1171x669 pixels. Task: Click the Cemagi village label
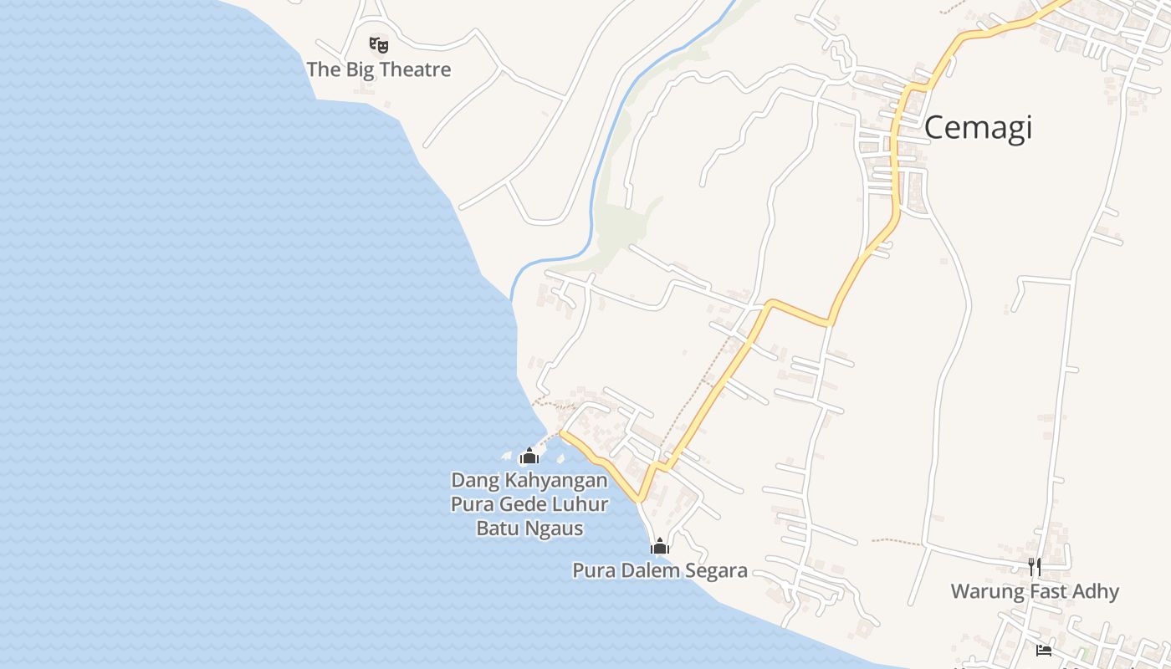pyautogui.click(x=978, y=128)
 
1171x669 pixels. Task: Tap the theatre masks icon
pyautogui.click(x=379, y=44)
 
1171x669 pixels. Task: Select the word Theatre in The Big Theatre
pyautogui.click(x=413, y=69)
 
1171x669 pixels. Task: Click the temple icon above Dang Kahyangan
pyautogui.click(x=529, y=456)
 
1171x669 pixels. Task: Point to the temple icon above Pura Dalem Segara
pyautogui.click(x=660, y=546)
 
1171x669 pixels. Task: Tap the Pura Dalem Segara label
pyautogui.click(x=659, y=571)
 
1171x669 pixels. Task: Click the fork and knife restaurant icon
pyautogui.click(x=1035, y=568)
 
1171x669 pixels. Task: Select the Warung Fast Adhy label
pyautogui.click(x=1035, y=592)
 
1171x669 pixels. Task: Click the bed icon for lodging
pyautogui.click(x=1044, y=650)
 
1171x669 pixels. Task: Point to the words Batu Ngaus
pyautogui.click(x=529, y=529)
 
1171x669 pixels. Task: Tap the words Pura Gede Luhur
pyautogui.click(x=529, y=504)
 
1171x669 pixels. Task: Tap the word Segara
pyautogui.click(x=713, y=571)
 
